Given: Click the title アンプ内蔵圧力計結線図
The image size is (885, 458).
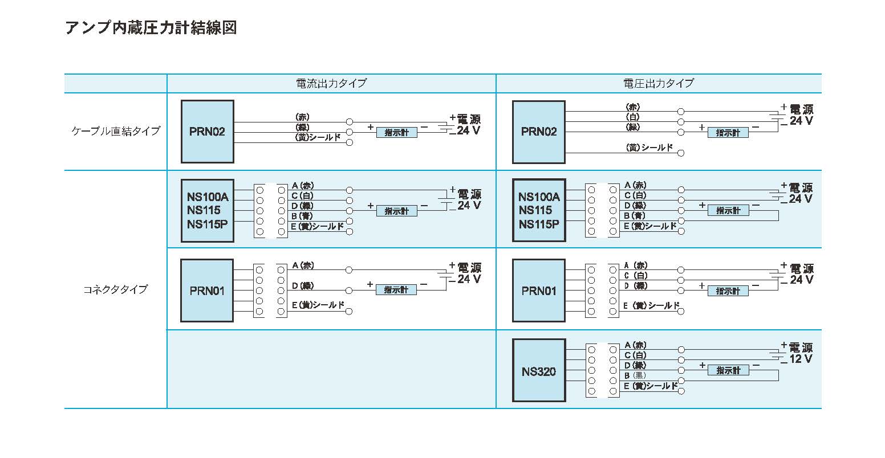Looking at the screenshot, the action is click(x=151, y=28).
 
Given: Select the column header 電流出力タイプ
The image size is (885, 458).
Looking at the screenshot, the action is click(x=331, y=83).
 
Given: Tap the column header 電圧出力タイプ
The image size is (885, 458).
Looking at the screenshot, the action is click(x=659, y=83).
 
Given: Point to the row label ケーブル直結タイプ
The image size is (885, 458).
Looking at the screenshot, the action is click(x=116, y=131).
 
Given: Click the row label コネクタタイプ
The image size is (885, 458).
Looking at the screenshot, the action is click(x=115, y=289).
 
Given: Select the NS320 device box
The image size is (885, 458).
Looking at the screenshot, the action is click(x=539, y=370).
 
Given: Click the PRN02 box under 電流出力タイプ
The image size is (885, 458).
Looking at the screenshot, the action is click(x=208, y=132).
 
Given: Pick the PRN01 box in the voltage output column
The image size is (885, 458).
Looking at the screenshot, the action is click(x=539, y=291).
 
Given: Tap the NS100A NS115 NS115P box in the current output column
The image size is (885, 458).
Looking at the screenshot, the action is click(x=208, y=210).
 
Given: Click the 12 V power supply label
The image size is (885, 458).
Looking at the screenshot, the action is click(x=801, y=359).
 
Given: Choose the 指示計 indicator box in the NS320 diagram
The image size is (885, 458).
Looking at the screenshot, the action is click(x=728, y=370).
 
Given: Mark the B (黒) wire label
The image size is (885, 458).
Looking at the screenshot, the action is click(x=635, y=375).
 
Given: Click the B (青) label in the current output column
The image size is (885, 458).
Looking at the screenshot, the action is click(x=302, y=216).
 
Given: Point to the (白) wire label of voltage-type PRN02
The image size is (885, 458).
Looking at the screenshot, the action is click(x=632, y=117).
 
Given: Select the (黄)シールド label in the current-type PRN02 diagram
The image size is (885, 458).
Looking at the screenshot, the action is click(x=318, y=137).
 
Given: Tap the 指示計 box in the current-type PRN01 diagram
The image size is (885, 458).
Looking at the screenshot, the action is click(x=396, y=290).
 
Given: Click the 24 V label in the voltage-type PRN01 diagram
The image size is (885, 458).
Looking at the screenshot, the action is click(x=801, y=280).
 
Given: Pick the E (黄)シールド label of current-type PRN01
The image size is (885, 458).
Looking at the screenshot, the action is click(x=318, y=305).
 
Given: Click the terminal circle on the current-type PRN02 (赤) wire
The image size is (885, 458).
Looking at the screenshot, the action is click(x=349, y=122).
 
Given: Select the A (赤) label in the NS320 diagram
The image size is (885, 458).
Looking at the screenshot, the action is click(x=635, y=345).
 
